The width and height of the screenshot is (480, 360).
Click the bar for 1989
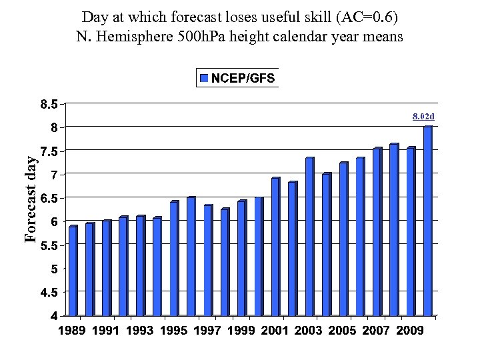tap(73, 271)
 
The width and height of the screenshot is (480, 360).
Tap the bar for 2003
tap(309, 237)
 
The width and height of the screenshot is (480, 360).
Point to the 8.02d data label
tap(423, 117)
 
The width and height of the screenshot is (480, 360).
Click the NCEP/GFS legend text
tap(243, 78)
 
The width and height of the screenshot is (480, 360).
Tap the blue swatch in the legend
tap(204, 78)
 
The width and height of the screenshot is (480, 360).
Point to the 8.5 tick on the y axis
tap(47, 104)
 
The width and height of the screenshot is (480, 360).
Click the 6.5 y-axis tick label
tap(47, 198)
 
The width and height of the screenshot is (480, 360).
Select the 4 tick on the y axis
tap(53, 316)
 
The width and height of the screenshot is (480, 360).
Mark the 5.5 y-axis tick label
tap(47, 245)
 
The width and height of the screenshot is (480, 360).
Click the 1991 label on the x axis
tap(107, 331)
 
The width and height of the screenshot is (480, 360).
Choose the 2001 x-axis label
tap(275, 331)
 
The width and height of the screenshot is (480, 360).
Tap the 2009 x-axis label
tap(411, 331)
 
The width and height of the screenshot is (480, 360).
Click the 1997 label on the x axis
tap(208, 331)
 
